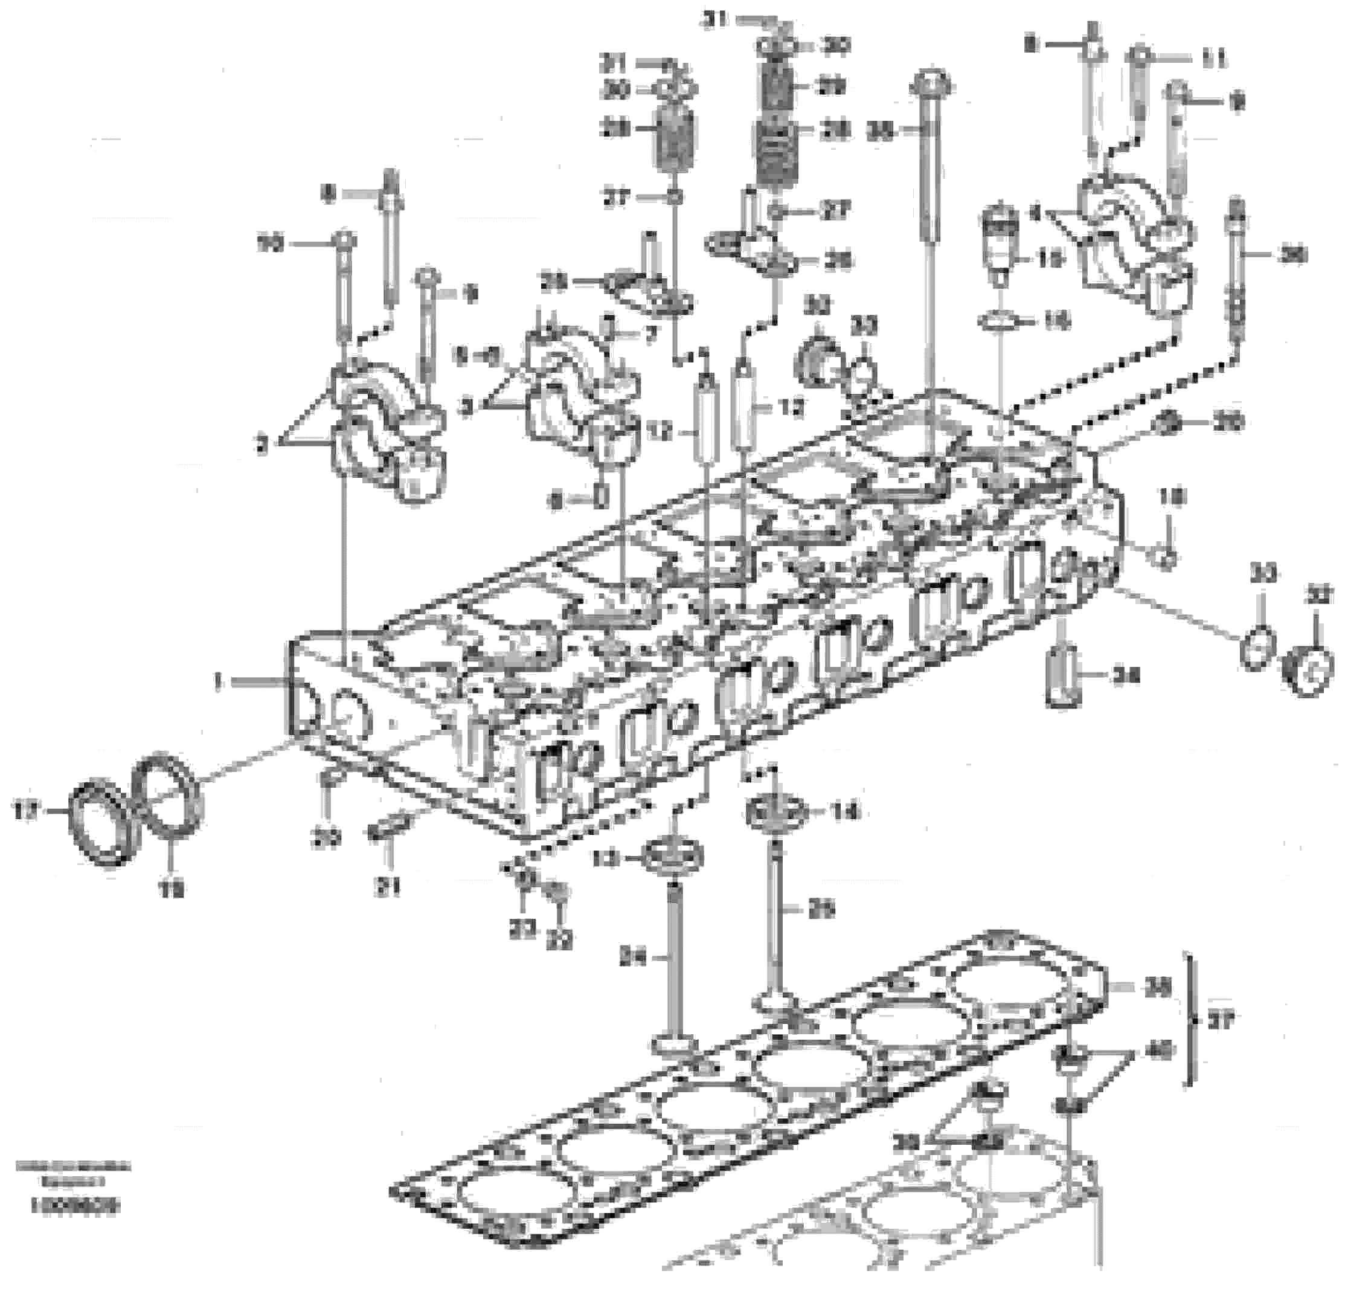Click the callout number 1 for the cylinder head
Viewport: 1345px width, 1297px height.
click(x=218, y=681)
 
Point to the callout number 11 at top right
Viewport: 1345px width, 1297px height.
click(x=1212, y=60)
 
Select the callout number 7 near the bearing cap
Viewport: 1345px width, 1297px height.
click(x=649, y=334)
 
